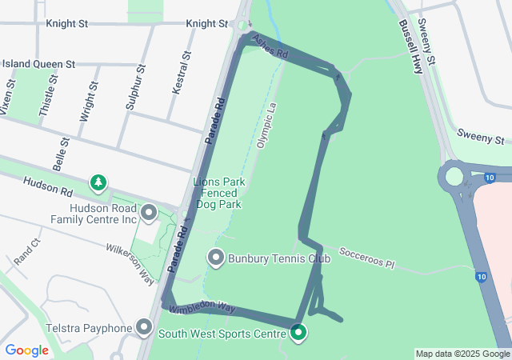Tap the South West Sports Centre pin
(298, 332)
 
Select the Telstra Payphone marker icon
(144, 327)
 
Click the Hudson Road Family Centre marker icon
(148, 212)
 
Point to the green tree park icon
(98, 183)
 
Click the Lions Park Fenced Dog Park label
(218, 193)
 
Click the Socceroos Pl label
(367, 257)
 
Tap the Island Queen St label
(38, 63)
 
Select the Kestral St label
(181, 74)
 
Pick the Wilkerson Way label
(130, 263)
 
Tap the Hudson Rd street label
(48, 186)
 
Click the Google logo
(26, 350)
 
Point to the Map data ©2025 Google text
(462, 354)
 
